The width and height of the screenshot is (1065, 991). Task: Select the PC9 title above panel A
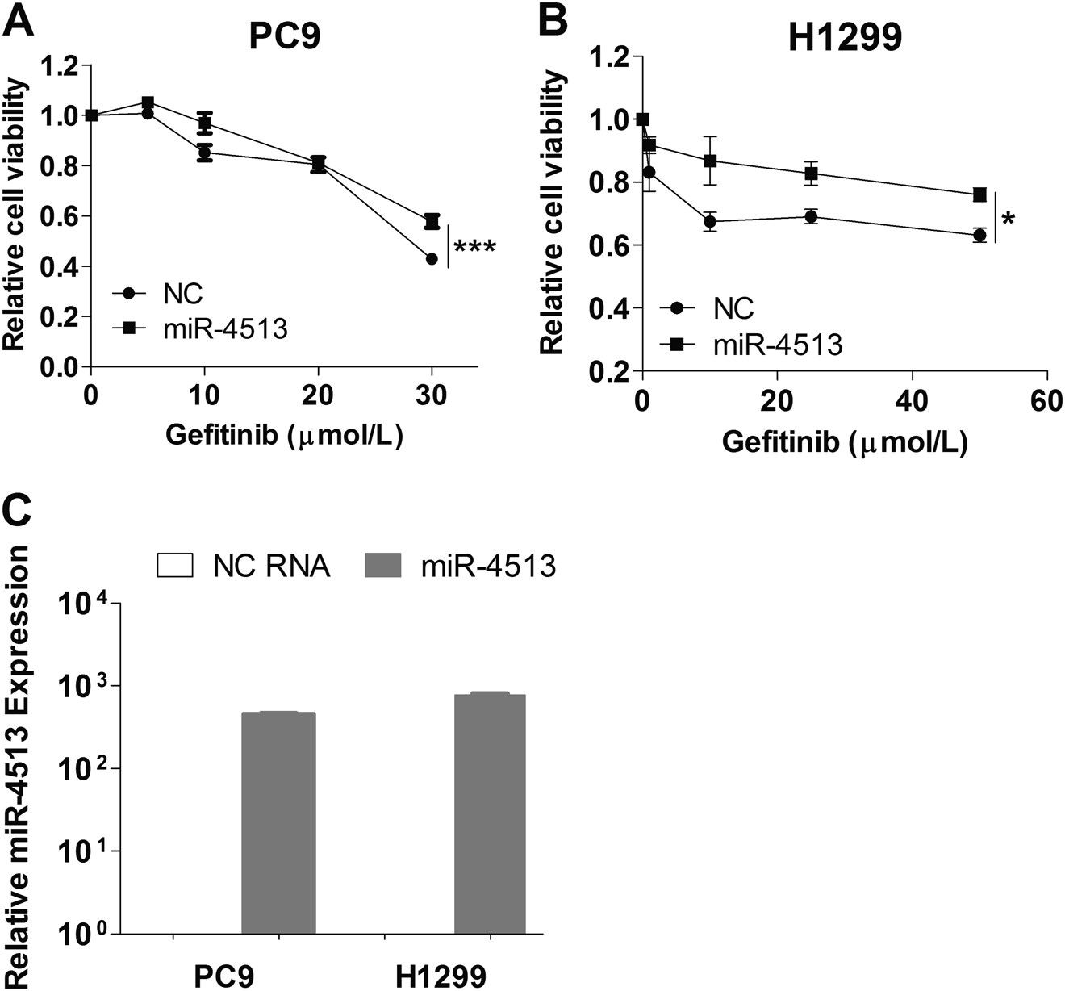click(283, 37)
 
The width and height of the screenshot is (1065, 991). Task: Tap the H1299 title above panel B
click(844, 37)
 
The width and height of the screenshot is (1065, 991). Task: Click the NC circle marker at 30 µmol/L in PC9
click(432, 259)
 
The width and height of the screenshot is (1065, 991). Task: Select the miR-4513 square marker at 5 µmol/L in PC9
click(148, 102)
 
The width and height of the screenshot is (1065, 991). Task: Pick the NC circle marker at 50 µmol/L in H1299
click(979, 235)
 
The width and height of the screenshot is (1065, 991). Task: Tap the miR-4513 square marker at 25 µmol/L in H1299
click(811, 174)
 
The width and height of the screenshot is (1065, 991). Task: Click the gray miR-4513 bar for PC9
click(278, 823)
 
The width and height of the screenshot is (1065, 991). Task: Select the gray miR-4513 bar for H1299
click(491, 813)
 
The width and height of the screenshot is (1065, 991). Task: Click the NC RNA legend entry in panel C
click(243, 566)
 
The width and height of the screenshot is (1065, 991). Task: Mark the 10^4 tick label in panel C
click(98, 604)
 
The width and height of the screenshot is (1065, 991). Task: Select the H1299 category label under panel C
click(441, 976)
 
